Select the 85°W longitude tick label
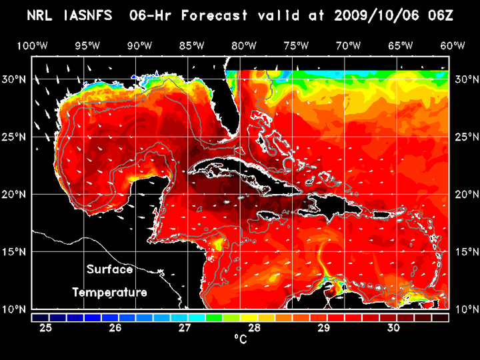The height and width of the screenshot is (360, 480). coord(191,45)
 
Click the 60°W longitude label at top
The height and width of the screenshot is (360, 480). coord(453,45)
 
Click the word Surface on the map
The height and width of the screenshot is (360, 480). coord(110,270)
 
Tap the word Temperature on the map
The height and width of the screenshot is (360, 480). coord(110,293)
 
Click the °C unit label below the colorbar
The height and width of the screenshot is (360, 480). coord(240,339)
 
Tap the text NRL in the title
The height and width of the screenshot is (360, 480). coord(42,15)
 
